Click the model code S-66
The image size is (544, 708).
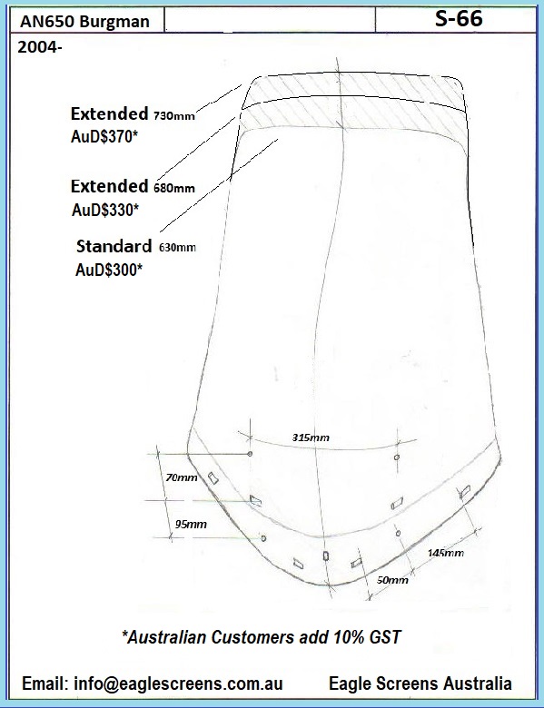point(459,19)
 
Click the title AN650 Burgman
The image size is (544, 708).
point(84,22)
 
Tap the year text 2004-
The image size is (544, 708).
point(39,47)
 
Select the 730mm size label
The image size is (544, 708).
point(174,116)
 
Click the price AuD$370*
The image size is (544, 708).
point(104,136)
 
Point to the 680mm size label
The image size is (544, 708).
point(174,188)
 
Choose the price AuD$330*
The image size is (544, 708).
point(104,210)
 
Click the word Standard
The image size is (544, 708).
point(114,246)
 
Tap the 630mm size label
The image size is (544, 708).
point(177,248)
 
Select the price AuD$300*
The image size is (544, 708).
point(108,270)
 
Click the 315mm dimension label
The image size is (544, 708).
point(311,438)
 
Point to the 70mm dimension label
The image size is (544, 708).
point(182,477)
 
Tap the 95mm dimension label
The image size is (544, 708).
point(191,525)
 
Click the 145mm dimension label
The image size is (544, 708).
point(446,553)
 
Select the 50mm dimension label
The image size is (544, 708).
point(392,580)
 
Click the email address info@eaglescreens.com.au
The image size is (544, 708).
point(153,683)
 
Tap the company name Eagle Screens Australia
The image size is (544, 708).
point(420,683)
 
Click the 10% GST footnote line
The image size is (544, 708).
point(262,637)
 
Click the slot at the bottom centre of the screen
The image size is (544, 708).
point(326,556)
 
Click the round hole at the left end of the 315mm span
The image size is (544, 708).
point(250,453)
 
